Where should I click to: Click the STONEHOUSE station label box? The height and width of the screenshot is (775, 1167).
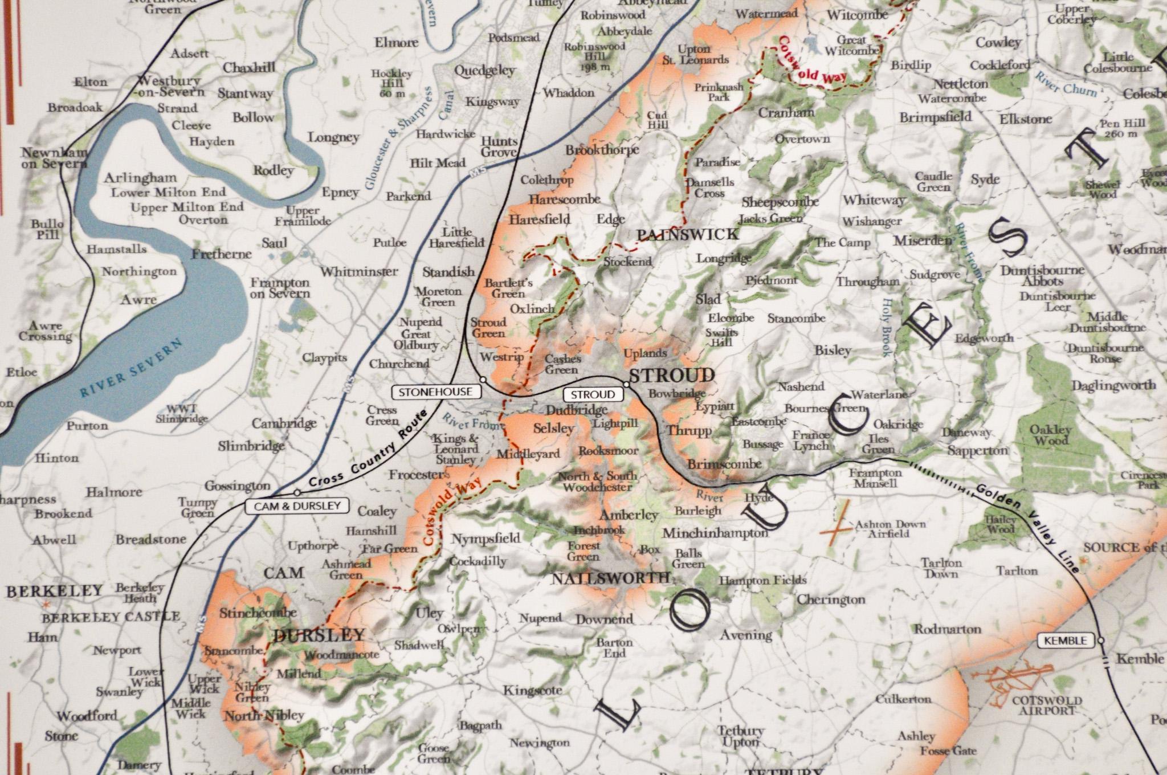pyautogui.click(x=436, y=392)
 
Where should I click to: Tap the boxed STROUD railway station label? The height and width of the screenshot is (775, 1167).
pyautogui.click(x=593, y=394)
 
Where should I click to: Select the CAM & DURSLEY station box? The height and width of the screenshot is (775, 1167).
pyautogui.click(x=297, y=505)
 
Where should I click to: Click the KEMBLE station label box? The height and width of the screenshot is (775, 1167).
pyautogui.click(x=1065, y=641)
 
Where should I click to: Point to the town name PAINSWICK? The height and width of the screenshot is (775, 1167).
pyautogui.click(x=687, y=234)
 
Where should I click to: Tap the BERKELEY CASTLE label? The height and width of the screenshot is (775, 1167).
pyautogui.click(x=111, y=617)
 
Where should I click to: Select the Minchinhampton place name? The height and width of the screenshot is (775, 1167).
pyautogui.click(x=715, y=533)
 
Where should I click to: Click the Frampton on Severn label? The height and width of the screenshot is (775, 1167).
pyautogui.click(x=280, y=288)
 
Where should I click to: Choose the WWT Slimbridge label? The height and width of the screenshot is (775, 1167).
pyautogui.click(x=182, y=414)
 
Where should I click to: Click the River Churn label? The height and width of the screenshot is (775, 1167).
pyautogui.click(x=1066, y=86)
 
